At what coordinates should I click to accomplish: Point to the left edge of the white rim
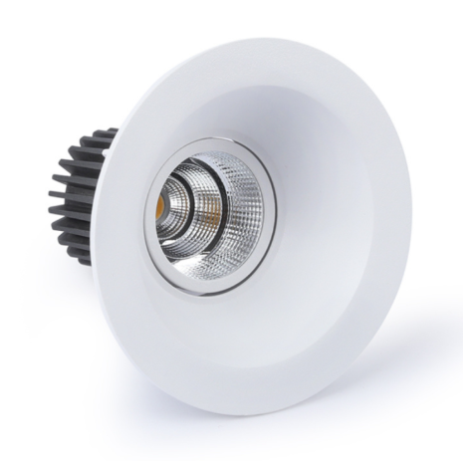[116, 249]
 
